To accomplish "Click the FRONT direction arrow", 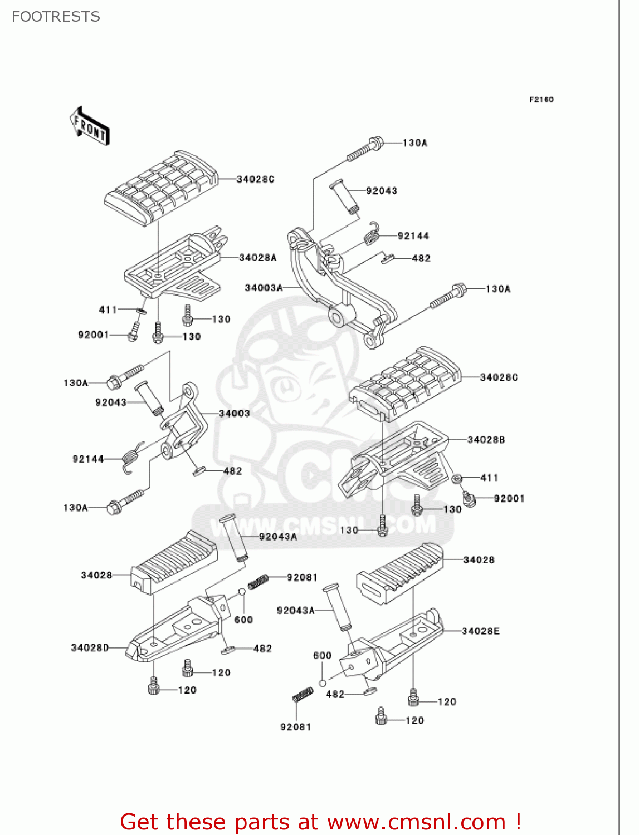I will (x=90, y=126).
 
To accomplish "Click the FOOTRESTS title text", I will (x=56, y=17).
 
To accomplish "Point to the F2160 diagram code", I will (x=541, y=100).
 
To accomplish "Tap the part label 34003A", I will (x=264, y=288).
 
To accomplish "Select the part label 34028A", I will (x=257, y=257).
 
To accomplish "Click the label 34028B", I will (x=486, y=439).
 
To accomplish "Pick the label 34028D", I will (x=90, y=647).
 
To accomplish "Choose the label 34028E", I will (x=480, y=631).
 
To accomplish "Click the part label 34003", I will (x=234, y=413).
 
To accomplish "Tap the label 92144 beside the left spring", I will (x=88, y=459).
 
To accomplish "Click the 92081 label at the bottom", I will (x=295, y=727).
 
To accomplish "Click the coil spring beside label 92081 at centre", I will (x=258, y=582).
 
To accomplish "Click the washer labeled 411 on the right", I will (x=457, y=479).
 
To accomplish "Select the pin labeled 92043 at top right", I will (x=344, y=195).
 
